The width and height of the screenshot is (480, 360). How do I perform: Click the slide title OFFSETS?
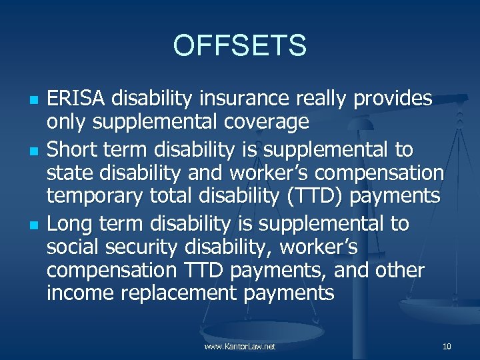point(239,45)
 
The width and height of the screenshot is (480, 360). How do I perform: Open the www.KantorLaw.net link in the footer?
point(240,347)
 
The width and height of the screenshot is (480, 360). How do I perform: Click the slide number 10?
point(447,347)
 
